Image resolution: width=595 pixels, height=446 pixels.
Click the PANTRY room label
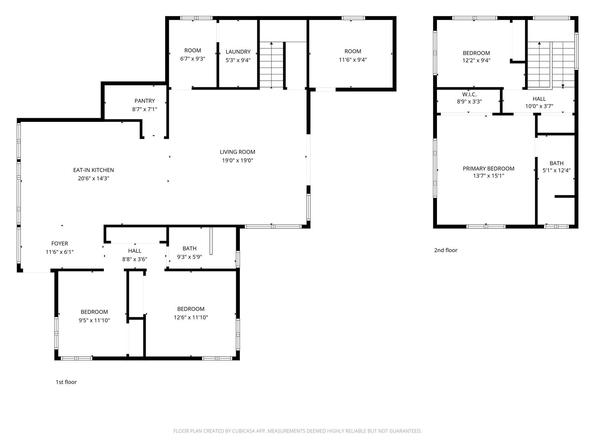coord(145,101)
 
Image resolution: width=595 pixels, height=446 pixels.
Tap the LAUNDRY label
coord(238,52)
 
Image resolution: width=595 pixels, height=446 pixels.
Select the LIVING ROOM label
coord(238,152)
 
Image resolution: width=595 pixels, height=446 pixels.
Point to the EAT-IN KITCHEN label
coord(93,170)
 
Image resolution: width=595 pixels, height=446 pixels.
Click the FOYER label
coord(59,243)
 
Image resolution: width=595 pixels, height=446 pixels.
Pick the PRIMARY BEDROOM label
coord(489,168)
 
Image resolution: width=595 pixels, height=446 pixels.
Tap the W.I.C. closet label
coord(469,94)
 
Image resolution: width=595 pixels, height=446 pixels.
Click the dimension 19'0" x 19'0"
coord(238,160)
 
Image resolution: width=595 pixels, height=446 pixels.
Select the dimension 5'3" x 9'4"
coord(238,60)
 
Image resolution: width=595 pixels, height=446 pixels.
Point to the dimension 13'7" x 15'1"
coord(489,176)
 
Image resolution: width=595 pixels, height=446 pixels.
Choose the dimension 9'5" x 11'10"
coord(94,320)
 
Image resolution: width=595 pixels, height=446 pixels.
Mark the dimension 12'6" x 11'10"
coord(191,317)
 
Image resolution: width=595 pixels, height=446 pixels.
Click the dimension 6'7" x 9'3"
coord(193,59)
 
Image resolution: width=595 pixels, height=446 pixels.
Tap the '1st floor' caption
coord(66,382)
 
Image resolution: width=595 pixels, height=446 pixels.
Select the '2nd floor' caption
coord(446,250)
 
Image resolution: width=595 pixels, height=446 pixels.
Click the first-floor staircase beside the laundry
coord(271,65)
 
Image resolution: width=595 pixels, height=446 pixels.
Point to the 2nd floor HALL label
coord(539,99)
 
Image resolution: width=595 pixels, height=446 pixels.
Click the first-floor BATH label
coord(190,248)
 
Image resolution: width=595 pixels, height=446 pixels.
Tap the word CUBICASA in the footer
coord(244,431)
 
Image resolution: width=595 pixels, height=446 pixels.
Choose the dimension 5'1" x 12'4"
coord(556,170)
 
